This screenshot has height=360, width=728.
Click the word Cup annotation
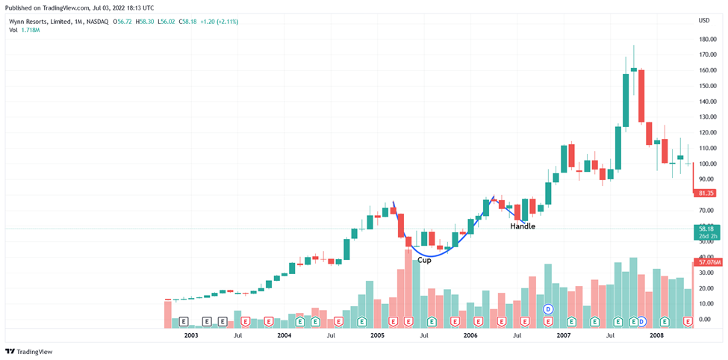pos(424,260)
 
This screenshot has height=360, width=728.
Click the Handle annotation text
pos(523,226)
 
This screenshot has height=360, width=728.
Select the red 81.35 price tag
pos(705,193)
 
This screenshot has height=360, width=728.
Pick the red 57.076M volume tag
pos(709,262)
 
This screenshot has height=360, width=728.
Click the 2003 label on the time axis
pos(191,336)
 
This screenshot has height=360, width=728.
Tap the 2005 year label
pos(377,336)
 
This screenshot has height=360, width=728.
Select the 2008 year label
pos(656,336)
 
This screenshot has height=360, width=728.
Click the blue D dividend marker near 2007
pos(548,308)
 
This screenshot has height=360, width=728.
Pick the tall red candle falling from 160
pos(641,96)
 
